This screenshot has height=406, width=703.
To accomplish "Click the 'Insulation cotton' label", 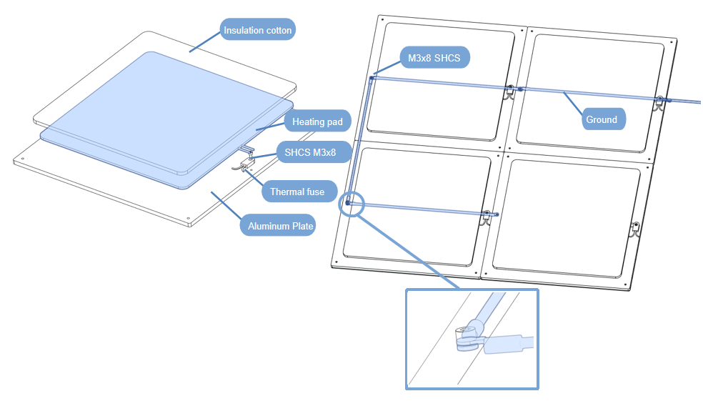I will point(258,30).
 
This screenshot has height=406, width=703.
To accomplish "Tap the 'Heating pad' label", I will point(317,122).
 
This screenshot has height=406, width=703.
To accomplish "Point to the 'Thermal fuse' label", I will point(296,192).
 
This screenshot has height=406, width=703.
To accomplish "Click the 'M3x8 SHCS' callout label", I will point(434,58).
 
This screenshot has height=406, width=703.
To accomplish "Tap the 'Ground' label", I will point(601,119).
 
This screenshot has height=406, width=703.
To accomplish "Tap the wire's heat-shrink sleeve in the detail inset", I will point(508,344).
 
